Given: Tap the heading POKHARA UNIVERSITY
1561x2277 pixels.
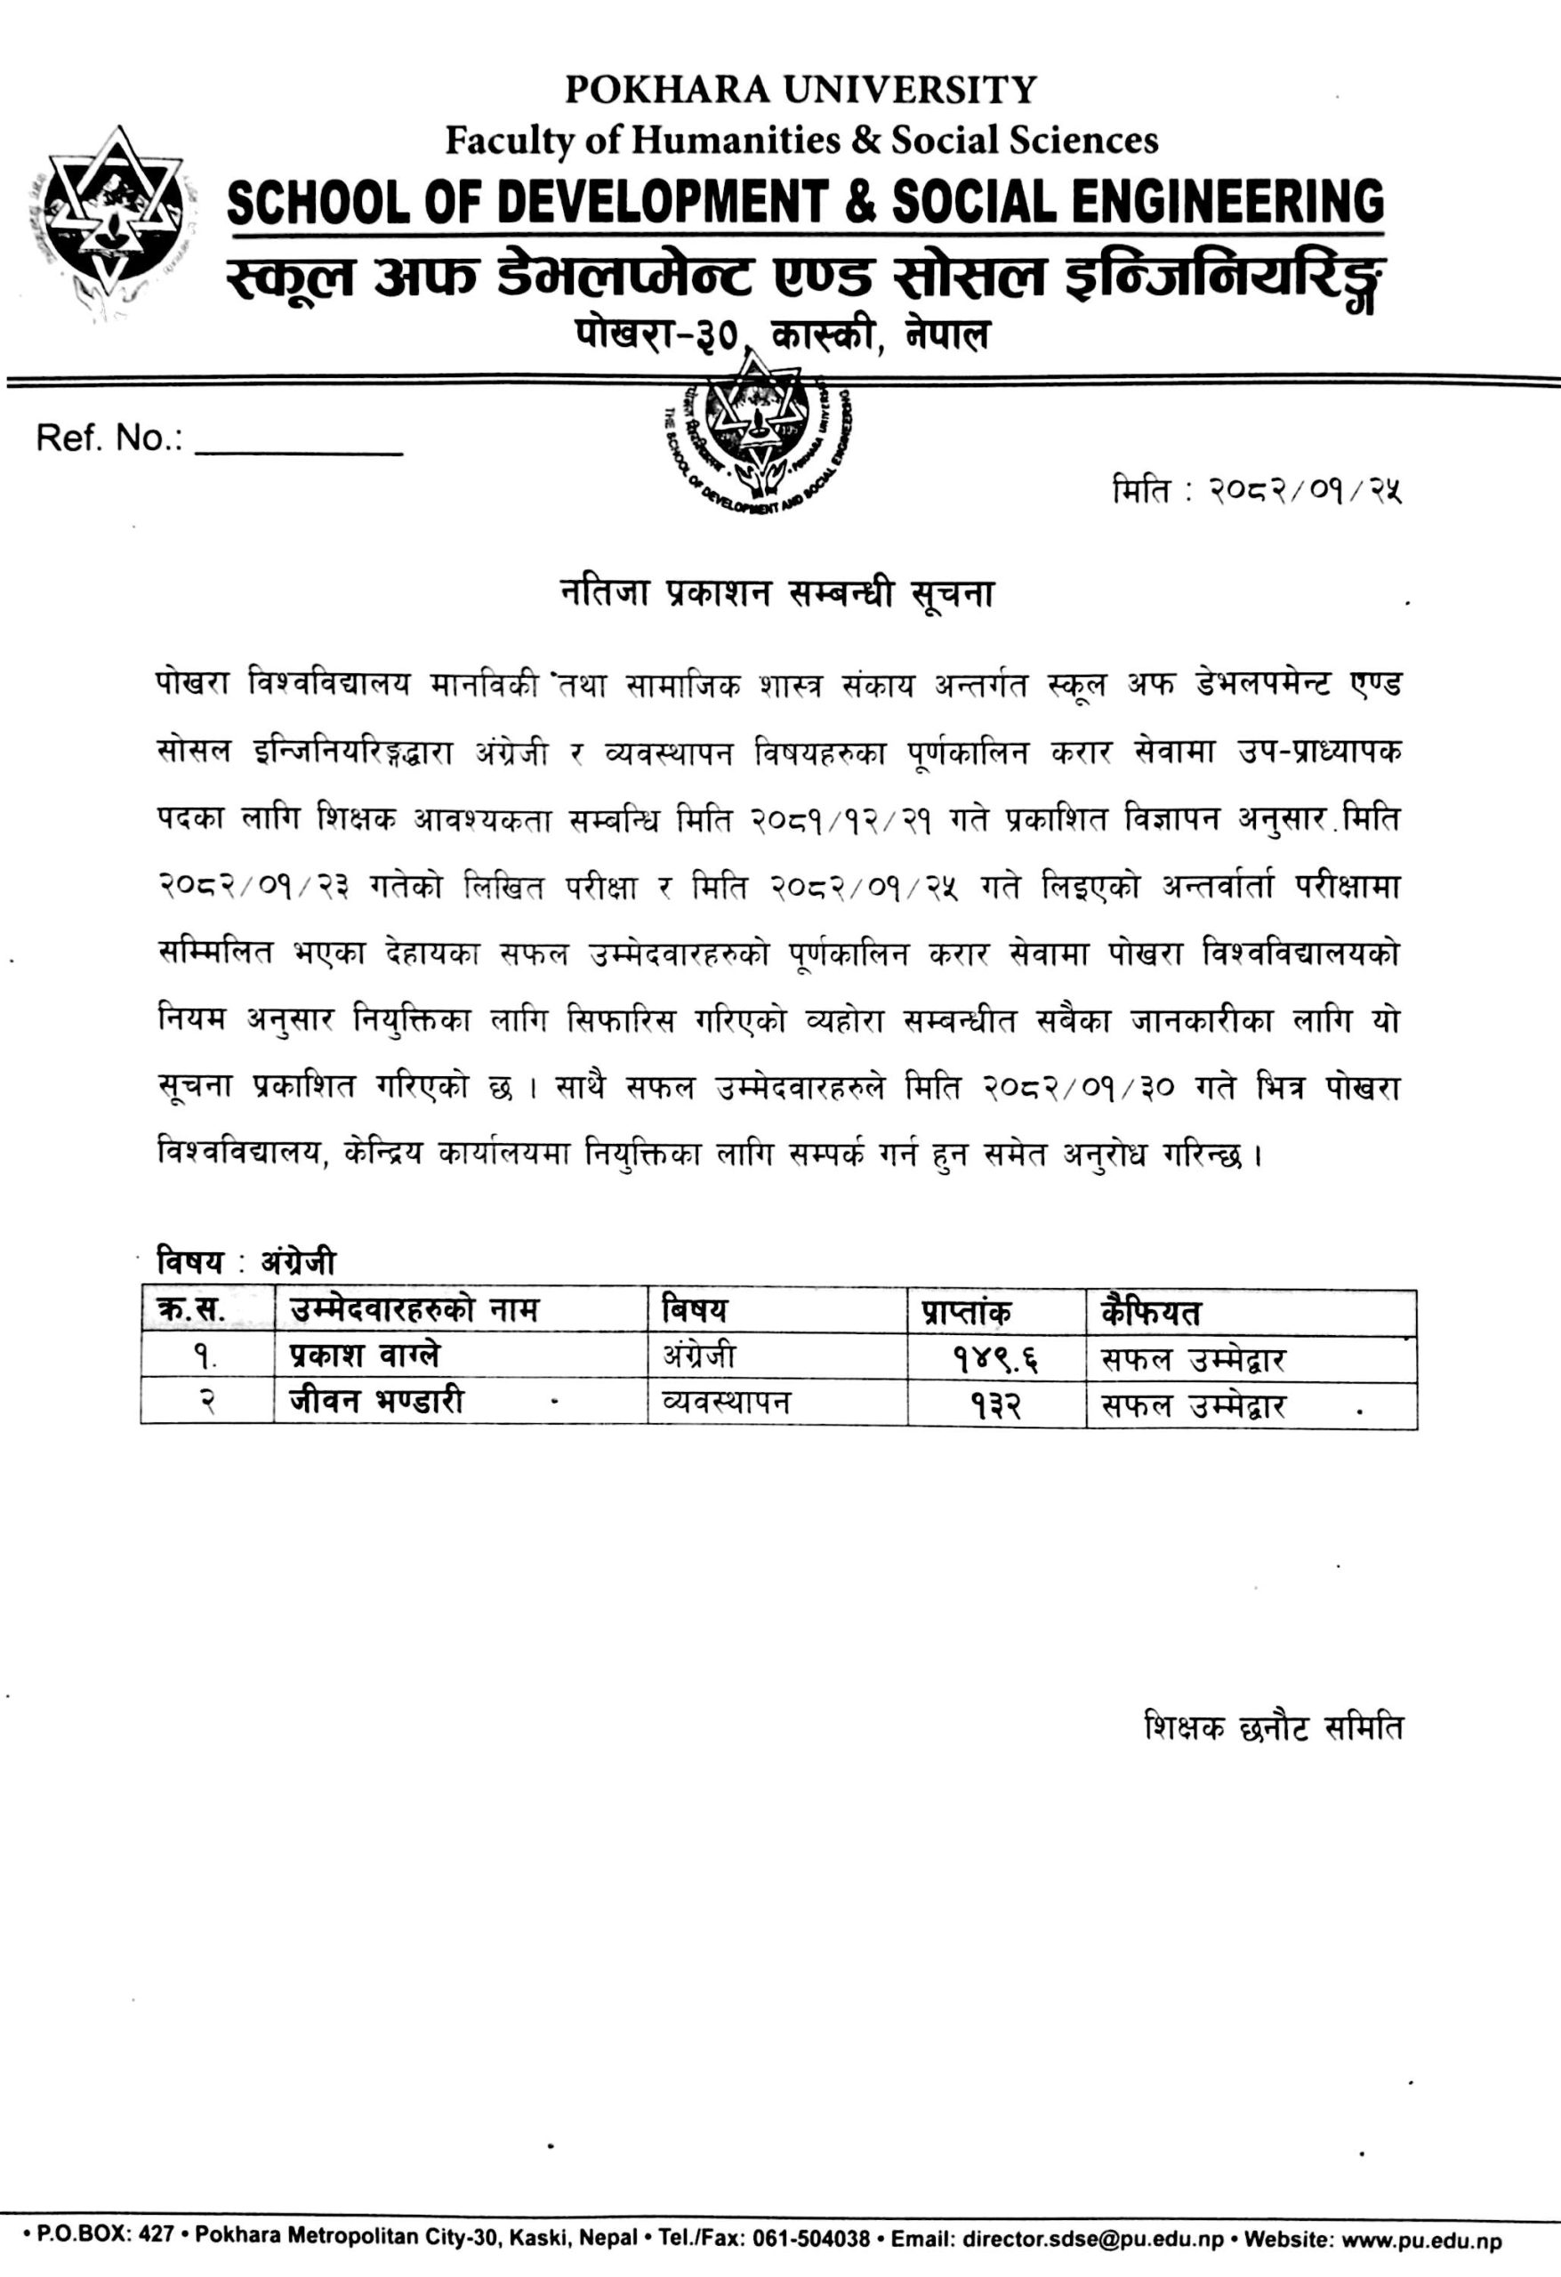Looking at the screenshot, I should click(x=801, y=91).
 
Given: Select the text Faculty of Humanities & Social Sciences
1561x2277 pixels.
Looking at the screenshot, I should click(x=801, y=141).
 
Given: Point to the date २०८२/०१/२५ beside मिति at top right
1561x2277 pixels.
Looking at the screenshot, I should click(x=1303, y=490).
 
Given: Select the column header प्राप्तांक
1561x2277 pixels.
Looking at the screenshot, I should click(x=965, y=1312).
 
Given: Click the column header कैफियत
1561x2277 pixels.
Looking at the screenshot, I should click(x=1150, y=1312).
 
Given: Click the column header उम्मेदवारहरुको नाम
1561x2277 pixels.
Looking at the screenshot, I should click(x=414, y=1310).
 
